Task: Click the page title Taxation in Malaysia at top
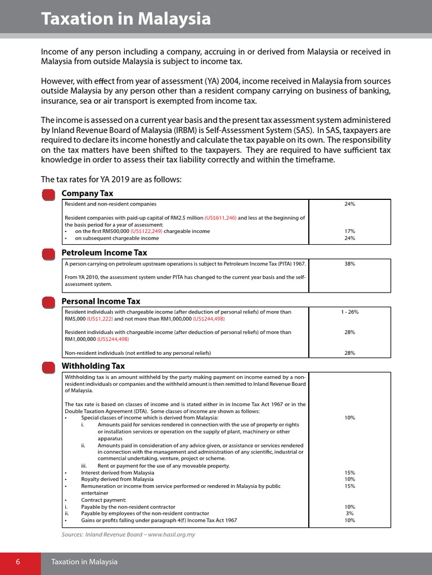coord(126,20)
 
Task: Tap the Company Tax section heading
coord(87,194)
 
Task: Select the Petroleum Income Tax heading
coord(104,253)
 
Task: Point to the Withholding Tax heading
coord(93,366)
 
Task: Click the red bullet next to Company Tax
coord(49,194)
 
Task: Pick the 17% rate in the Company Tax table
coord(350,231)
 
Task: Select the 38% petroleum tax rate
coord(350,263)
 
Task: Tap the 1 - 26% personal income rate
coord(350,312)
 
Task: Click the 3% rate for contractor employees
coord(350,513)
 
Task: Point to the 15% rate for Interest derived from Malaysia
coord(350,473)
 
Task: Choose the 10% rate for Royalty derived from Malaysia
coord(350,480)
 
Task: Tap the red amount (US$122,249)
coord(148,231)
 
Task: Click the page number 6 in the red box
coord(18,562)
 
